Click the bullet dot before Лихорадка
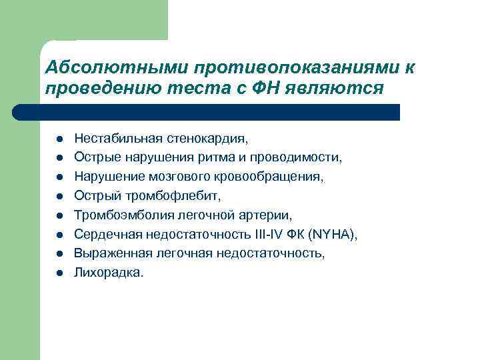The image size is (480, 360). (59, 273)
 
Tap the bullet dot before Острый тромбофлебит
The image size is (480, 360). (59, 197)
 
